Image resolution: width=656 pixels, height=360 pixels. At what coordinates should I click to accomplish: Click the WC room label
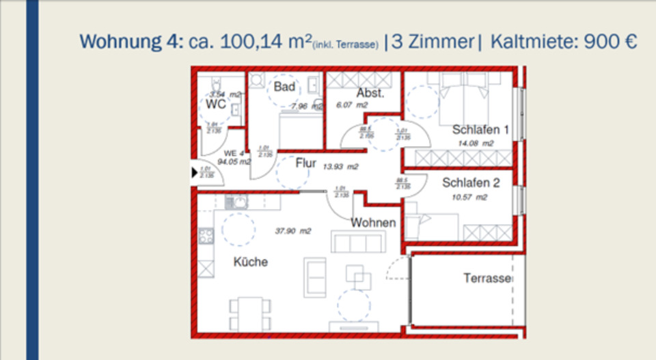pos(216,105)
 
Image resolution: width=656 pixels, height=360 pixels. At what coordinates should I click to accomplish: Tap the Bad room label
pos(284,87)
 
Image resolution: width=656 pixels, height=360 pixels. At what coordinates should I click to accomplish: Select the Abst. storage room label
pos(370,93)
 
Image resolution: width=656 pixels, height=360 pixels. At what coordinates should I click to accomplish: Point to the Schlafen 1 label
pos(480,130)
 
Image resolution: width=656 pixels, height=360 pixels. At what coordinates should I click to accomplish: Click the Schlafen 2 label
pos(471,183)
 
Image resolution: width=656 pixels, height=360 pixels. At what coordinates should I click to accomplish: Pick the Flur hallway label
pos(306,163)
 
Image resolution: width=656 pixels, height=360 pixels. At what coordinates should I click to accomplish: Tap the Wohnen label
pos(373,223)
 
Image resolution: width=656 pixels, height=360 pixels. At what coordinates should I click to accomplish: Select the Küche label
pos(251,262)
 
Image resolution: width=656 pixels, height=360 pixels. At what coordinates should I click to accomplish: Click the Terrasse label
pos(488,279)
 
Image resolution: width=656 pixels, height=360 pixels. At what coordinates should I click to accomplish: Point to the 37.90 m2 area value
pos(293,232)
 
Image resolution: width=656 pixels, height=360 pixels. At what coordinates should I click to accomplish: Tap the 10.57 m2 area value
pos(469,197)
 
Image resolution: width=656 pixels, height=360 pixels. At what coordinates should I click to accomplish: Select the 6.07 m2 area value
pos(352,106)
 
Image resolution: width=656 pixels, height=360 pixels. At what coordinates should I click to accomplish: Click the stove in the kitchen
pos(206,236)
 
